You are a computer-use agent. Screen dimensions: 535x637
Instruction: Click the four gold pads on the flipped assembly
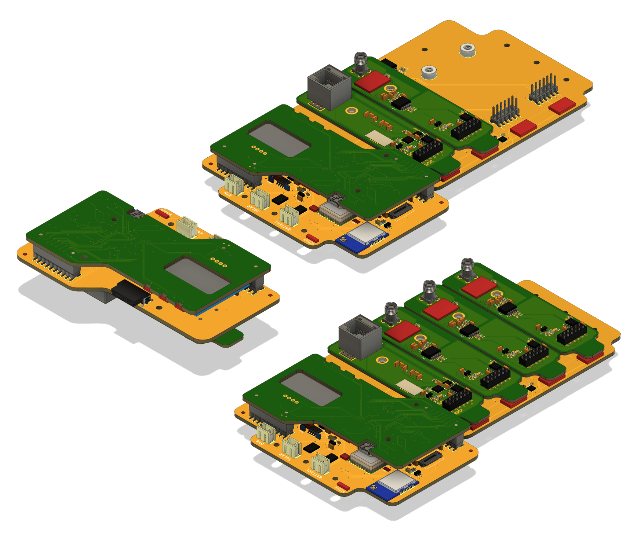(x=218, y=262)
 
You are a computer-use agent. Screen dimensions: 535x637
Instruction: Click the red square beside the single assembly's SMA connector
(x=372, y=81)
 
